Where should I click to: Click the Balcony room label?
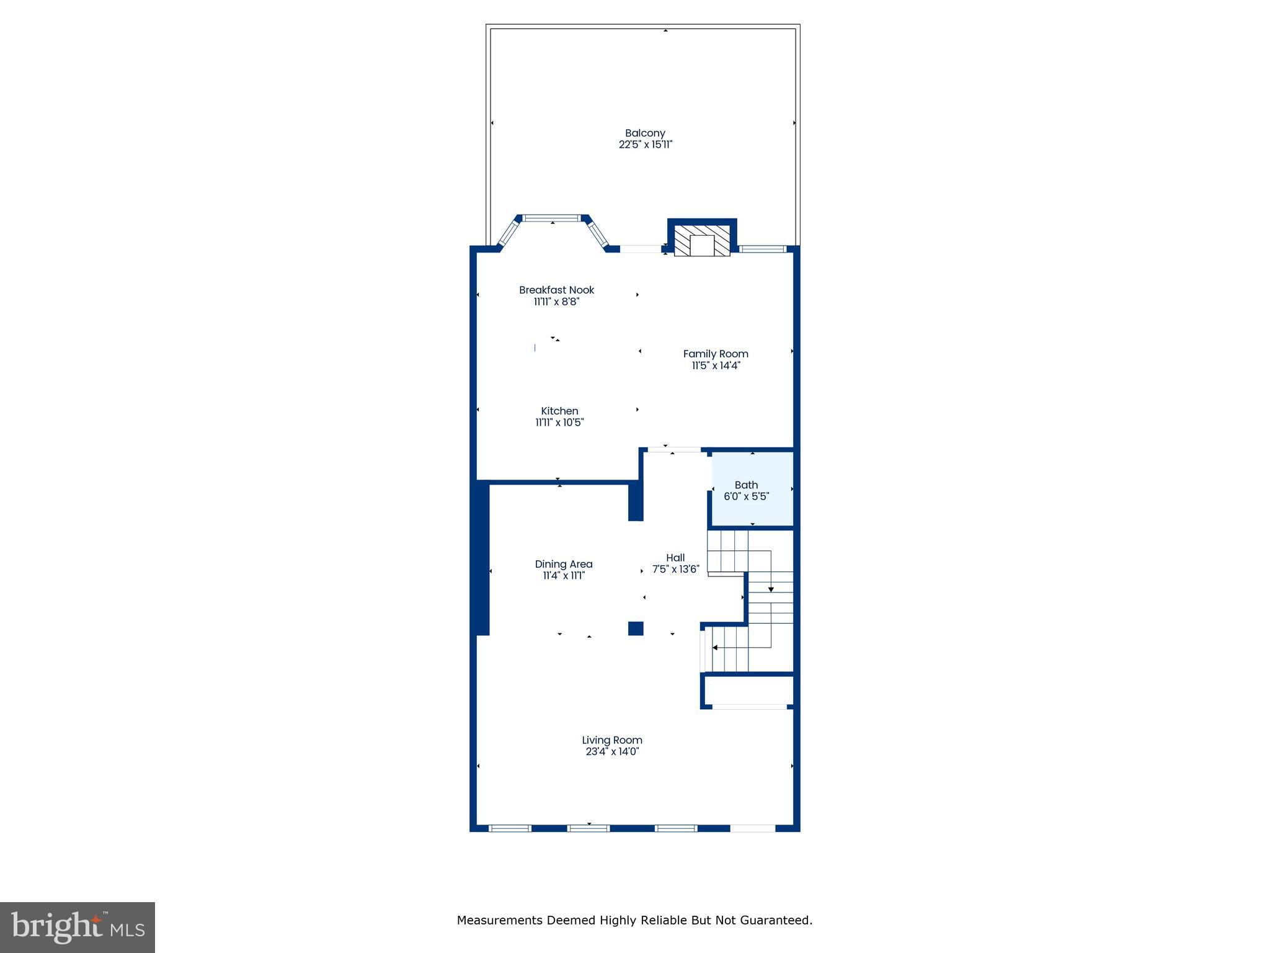point(645,133)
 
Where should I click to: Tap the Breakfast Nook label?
point(556,290)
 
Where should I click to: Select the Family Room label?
point(716,354)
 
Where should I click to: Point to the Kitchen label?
point(559,411)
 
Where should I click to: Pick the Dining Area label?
point(564,564)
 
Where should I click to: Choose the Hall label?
point(675,557)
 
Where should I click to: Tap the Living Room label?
point(612,740)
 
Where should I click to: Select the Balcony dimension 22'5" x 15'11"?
point(645,145)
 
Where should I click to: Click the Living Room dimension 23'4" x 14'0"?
point(612,751)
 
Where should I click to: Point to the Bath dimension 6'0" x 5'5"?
point(746,496)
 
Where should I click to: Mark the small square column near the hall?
point(636,628)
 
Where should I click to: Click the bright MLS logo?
point(78,927)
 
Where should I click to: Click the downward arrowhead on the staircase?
point(771,589)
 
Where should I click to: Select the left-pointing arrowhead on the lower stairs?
point(715,648)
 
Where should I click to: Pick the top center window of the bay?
point(552,218)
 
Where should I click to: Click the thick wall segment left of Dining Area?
point(482,558)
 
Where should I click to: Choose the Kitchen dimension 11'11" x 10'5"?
point(559,423)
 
